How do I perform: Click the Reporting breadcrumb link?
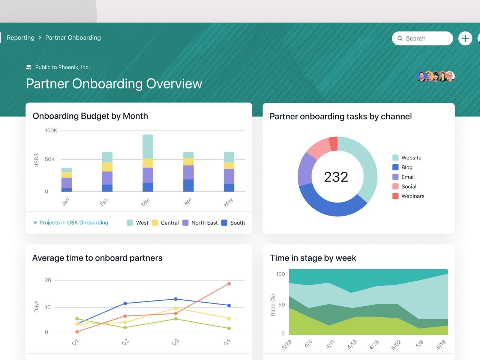[x=21, y=37]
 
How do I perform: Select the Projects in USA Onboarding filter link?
[x=73, y=223]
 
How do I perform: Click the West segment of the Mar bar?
[x=148, y=146]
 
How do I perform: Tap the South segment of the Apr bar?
[x=188, y=185]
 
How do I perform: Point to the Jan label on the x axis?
[x=66, y=202]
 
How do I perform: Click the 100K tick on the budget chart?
[x=51, y=130]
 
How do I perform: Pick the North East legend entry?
[x=204, y=223]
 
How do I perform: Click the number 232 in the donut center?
[x=336, y=177]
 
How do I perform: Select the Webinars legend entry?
[x=412, y=196]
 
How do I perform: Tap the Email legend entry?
[x=408, y=177]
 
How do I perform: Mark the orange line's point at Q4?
[x=229, y=284]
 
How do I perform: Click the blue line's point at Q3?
[x=175, y=299]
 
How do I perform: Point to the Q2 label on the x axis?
[x=125, y=342]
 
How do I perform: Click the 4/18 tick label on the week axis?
[x=352, y=344]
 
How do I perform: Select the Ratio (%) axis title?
[x=273, y=305]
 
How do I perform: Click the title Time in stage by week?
[x=313, y=258]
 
